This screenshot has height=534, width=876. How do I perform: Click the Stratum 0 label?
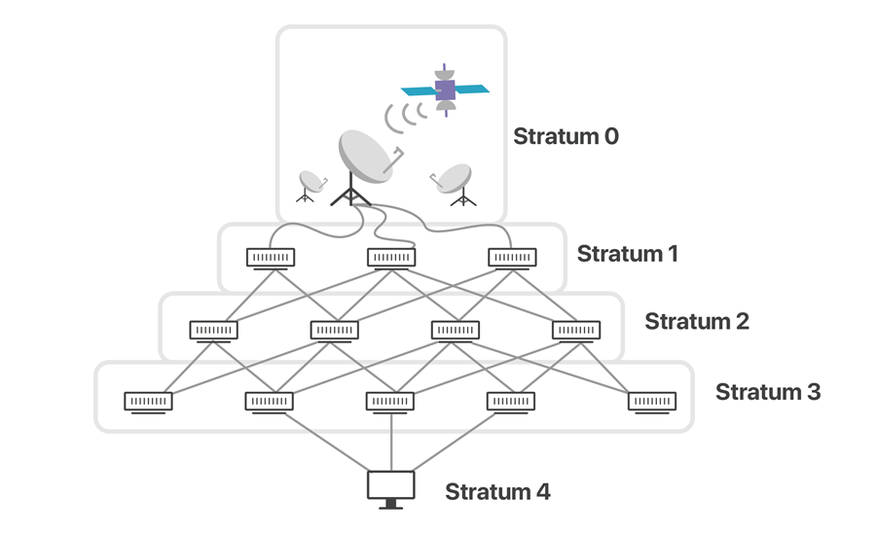[x=566, y=136]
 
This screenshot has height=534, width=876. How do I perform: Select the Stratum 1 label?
[x=627, y=254]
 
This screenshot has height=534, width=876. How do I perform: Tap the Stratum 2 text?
[x=697, y=321]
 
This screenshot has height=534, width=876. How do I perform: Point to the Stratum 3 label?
[x=768, y=392]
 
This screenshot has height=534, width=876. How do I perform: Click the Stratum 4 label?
[x=497, y=492]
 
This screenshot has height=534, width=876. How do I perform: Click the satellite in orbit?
[x=446, y=90]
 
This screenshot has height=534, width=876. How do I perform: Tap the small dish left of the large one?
[x=310, y=182]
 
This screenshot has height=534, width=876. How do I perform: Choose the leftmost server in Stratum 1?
[x=271, y=258]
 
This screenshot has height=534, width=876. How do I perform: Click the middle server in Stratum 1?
[x=391, y=258]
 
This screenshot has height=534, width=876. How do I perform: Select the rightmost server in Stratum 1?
[x=512, y=258]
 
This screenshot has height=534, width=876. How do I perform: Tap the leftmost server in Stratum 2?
[x=213, y=330]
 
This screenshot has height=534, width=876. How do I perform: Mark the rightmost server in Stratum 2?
[x=576, y=330]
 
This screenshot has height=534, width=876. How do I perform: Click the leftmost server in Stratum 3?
[x=149, y=401]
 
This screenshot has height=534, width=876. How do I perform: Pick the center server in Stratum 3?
[x=390, y=401]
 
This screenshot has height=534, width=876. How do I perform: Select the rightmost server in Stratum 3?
[x=651, y=401]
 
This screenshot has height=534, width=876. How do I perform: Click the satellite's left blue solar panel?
[x=419, y=90]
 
